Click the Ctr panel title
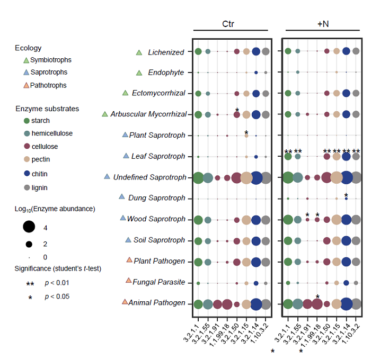click(x=228, y=24)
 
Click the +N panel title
click(x=323, y=24)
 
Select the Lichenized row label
click(x=166, y=52)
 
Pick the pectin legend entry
click(x=45, y=159)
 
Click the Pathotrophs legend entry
click(x=48, y=85)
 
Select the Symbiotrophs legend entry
click(x=51, y=60)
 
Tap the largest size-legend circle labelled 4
click(x=29, y=227)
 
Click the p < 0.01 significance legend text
click(x=57, y=283)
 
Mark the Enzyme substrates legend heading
click(x=47, y=109)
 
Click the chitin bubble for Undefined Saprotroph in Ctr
click(x=256, y=178)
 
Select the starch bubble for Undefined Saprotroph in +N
click(x=288, y=178)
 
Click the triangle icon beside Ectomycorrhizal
click(x=126, y=93)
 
